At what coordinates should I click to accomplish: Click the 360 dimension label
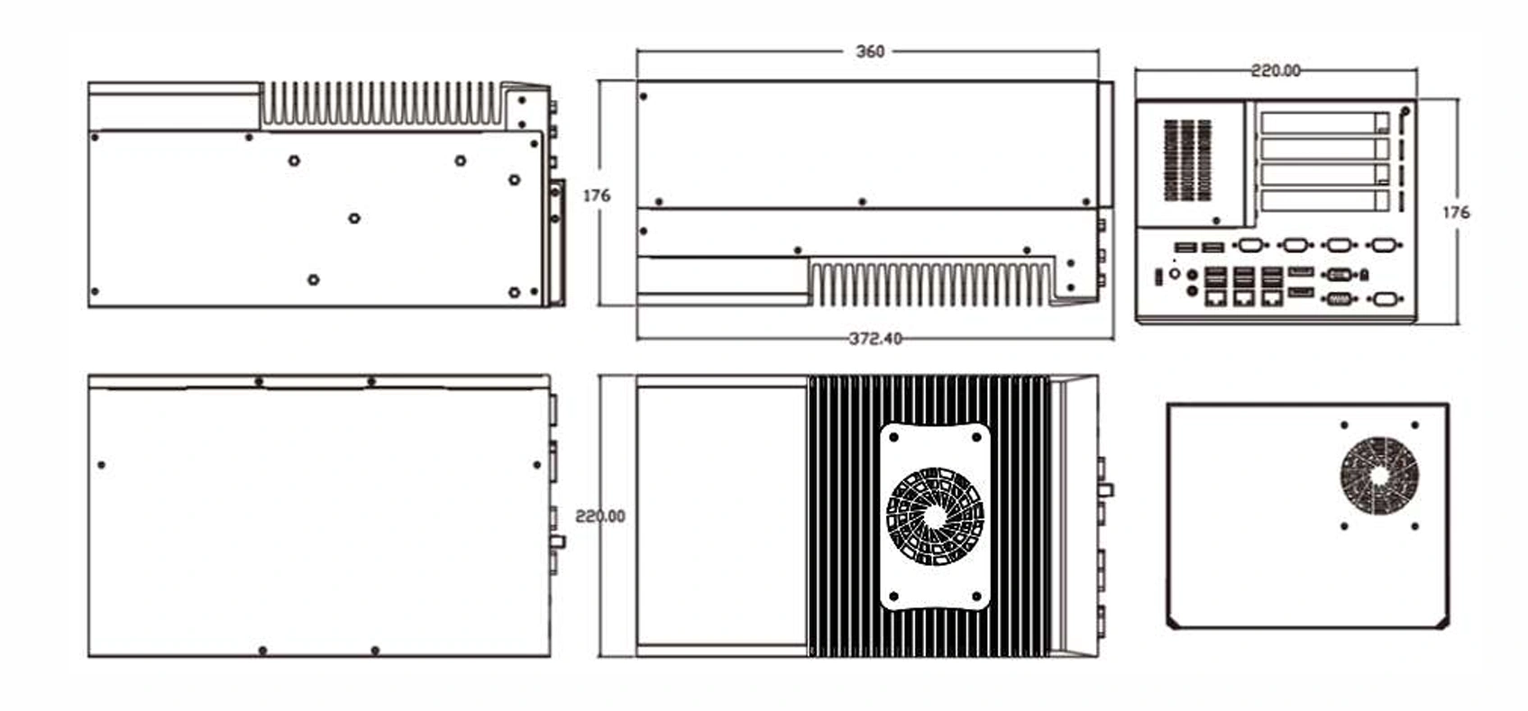point(870,51)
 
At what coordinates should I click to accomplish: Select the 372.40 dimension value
point(875,339)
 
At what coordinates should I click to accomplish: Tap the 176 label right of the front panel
point(1456,213)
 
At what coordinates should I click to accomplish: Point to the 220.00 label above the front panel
point(1276,71)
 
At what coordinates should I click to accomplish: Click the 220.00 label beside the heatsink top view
point(600,516)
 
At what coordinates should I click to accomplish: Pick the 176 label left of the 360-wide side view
point(597,196)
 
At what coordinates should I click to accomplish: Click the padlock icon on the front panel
point(1364,275)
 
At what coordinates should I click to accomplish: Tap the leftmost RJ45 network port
point(1215,298)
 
